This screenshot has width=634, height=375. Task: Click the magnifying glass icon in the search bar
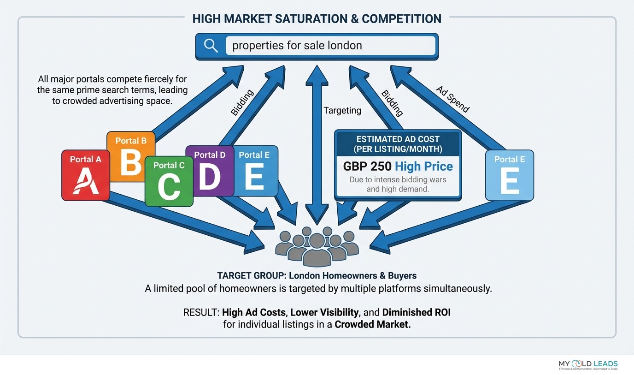tap(211, 46)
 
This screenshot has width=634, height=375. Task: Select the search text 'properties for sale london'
tap(297, 46)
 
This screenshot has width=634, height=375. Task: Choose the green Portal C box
tap(168, 182)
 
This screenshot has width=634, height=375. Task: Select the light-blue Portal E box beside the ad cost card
tap(509, 175)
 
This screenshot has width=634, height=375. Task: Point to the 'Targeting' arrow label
tap(342, 110)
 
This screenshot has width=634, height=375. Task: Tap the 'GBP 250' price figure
tap(367, 167)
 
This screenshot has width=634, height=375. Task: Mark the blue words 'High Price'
tap(424, 167)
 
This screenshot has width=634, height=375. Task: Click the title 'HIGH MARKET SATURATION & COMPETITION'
tap(317, 18)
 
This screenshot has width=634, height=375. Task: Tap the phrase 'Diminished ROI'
tap(416, 312)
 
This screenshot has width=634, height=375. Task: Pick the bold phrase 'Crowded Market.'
tap(372, 324)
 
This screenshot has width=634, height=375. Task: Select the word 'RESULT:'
tap(201, 312)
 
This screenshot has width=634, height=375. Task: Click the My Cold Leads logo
tap(588, 365)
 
